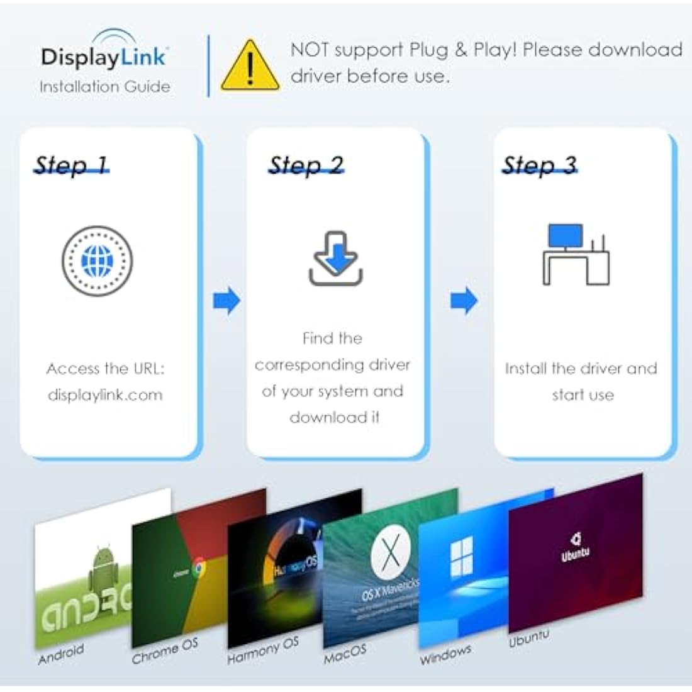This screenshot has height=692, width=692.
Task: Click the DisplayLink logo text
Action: click(104, 57)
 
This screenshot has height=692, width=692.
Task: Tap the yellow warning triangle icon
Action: click(250, 66)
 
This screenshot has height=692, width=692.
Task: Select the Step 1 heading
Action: click(71, 165)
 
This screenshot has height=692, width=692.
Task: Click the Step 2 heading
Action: click(306, 165)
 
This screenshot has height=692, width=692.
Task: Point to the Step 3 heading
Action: click(539, 165)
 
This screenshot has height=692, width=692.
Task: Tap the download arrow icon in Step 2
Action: click(336, 258)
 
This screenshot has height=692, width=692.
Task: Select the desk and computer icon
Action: click(576, 255)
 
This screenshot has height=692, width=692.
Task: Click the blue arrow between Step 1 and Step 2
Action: click(226, 301)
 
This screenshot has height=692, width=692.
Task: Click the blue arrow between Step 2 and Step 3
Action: click(464, 301)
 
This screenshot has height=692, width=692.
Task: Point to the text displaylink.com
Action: click(105, 395)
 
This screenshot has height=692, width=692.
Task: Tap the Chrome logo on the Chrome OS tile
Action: click(199, 568)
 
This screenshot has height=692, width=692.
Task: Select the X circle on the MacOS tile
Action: click(390, 554)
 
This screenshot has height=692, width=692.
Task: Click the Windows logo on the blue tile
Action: click(461, 560)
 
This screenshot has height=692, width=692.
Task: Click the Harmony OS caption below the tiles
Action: click(263, 650)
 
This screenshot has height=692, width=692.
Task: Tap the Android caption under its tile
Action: click(61, 654)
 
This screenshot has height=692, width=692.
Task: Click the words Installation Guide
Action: click(104, 87)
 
